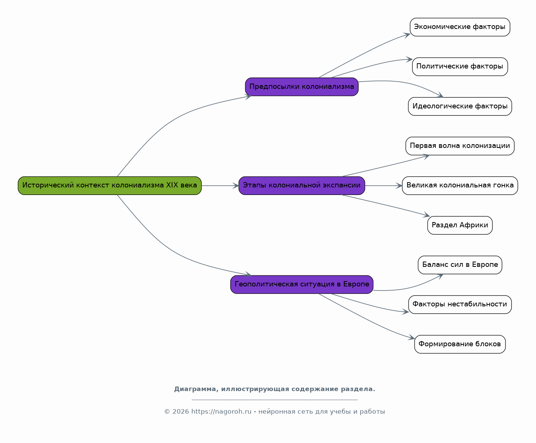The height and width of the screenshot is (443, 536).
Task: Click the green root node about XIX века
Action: [x=110, y=186]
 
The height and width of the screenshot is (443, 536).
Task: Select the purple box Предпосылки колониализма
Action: [x=302, y=87]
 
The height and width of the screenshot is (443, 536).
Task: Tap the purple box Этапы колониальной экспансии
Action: [x=302, y=186]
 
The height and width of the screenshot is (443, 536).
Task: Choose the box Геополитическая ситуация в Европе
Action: [x=302, y=285]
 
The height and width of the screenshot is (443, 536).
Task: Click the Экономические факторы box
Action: [x=460, y=27]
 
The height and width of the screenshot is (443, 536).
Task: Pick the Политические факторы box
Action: [x=460, y=67]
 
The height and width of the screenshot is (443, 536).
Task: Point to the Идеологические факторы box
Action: [x=460, y=106]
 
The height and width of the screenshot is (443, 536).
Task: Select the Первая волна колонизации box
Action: [x=460, y=146]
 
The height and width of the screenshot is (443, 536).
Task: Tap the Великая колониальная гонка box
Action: [x=460, y=186]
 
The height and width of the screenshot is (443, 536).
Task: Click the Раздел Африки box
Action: [x=460, y=225]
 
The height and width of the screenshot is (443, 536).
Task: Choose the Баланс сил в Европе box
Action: [x=460, y=265]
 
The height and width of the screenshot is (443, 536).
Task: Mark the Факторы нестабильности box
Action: [x=460, y=304]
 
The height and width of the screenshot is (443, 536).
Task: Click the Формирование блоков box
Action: [x=460, y=344]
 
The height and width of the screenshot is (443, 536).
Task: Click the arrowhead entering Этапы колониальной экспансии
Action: [x=236, y=186]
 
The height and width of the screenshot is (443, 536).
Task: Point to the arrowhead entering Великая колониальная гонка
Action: [x=399, y=186]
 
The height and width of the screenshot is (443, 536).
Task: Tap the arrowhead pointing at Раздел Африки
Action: [x=427, y=215]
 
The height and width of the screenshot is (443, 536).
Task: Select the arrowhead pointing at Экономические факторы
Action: [x=407, y=35]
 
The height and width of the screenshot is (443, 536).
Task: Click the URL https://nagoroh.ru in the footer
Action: [x=221, y=411]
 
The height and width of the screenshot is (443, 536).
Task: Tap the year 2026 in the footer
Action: [x=181, y=411]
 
